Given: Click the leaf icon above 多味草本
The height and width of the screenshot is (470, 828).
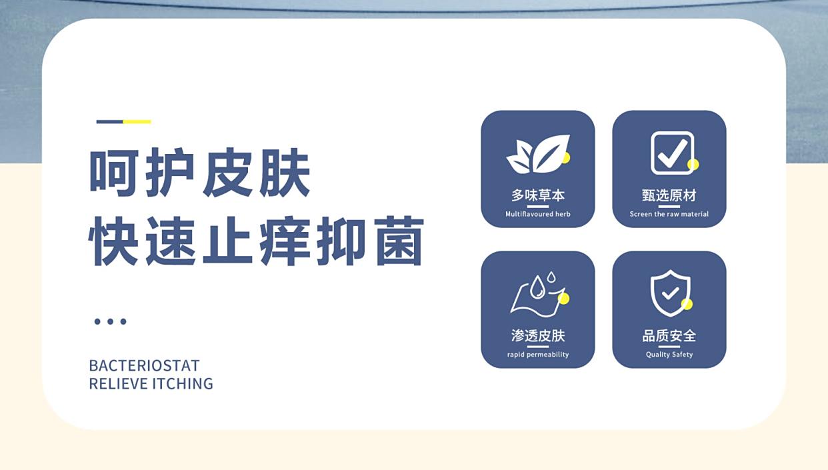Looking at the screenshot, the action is tap(538, 154).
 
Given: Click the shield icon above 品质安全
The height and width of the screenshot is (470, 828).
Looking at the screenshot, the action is tap(670, 293).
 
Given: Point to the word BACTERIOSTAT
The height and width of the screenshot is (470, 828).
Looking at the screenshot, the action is tap(144, 366).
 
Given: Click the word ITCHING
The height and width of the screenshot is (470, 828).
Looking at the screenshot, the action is tap(183, 384).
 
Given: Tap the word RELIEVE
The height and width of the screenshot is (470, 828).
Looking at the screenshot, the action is tap(118, 384).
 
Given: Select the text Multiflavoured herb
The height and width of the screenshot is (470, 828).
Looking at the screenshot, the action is tap(538, 214).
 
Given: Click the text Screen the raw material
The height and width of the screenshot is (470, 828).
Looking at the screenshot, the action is tap(669, 214).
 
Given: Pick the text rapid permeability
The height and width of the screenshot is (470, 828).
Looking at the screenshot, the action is tap(538, 355).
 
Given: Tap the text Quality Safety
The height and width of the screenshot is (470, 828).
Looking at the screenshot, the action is tap(669, 355).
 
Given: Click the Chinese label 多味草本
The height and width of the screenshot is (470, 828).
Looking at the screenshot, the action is tap(538, 195).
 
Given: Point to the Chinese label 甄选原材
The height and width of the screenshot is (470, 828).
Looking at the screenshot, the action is tap(669, 195).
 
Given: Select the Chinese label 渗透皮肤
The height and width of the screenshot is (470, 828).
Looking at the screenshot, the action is tap(538, 336).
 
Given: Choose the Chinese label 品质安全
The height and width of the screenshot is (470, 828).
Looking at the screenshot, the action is tap(669, 336).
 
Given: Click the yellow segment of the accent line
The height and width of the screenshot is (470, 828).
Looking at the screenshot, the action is tap(137, 121).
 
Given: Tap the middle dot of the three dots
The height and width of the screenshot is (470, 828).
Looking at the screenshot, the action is tap(110, 321).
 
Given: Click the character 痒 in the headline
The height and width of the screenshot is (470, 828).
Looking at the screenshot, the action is tap(285, 241).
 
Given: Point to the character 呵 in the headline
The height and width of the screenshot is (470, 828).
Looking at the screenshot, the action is tap(115, 173).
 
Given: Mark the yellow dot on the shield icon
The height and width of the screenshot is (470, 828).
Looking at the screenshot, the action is tap(687, 305).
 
